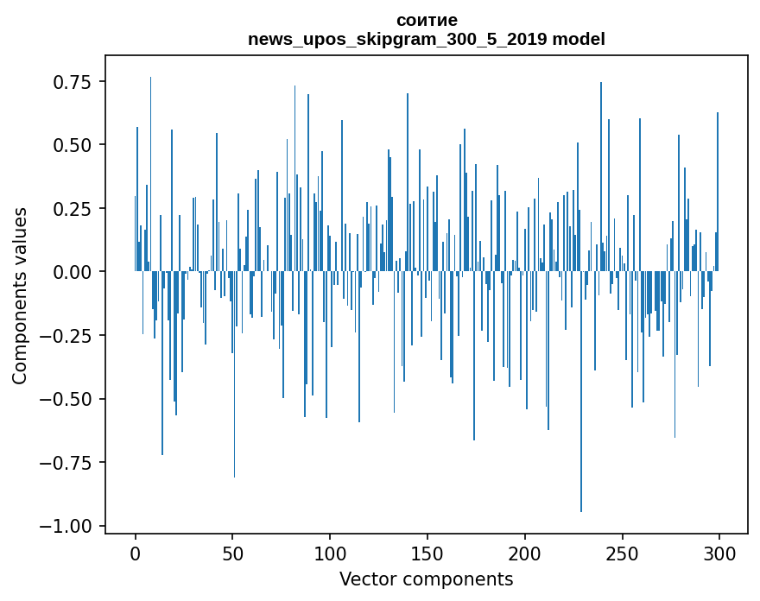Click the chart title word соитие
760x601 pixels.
point(427,20)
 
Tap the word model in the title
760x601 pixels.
point(579,39)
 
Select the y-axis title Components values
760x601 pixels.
point(20,294)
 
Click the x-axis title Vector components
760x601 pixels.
point(426,579)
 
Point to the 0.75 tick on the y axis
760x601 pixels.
point(73,83)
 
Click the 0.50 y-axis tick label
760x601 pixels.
point(73,145)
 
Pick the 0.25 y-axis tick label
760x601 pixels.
point(73,209)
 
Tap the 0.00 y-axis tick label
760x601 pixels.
point(73,272)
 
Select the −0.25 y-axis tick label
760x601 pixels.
point(66,336)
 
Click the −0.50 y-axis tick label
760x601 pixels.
point(66,399)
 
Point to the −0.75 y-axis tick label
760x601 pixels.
point(66,463)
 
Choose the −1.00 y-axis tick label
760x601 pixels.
point(66,527)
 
